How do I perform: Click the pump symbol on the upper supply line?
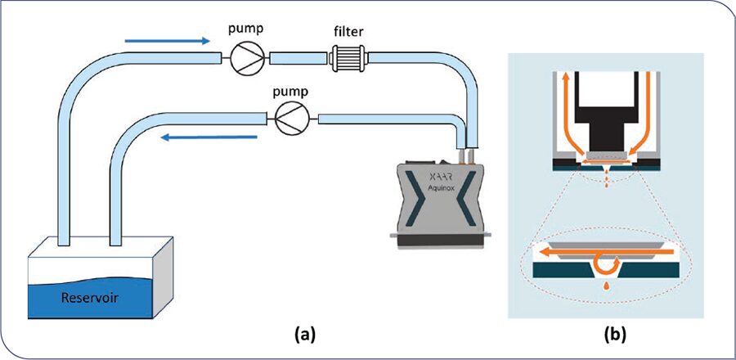(x=242, y=58)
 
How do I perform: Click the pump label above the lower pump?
(x=289, y=91)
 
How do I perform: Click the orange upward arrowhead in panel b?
(x=562, y=79)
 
